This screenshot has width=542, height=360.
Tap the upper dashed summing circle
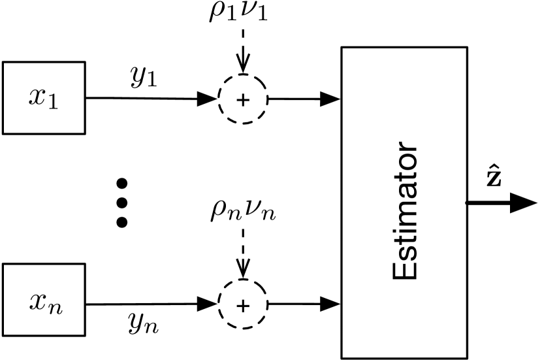coord(243,99)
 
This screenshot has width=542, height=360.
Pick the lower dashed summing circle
coord(243,304)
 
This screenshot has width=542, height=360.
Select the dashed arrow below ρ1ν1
coord(243,52)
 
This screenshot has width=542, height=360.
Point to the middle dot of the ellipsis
coord(121,202)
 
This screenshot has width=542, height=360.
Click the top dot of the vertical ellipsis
coord(121,182)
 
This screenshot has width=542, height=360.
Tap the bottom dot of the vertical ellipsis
coord(121,222)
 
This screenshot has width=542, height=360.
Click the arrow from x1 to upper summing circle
coord(150,99)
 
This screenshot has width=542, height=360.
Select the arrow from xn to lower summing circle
coord(150,303)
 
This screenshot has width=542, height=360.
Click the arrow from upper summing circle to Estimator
coord(304,99)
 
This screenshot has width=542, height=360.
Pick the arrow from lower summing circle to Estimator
coord(304,304)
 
